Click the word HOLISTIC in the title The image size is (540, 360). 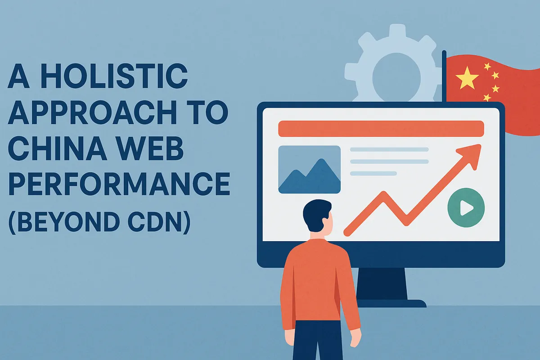pyautogui.click(x=114, y=76)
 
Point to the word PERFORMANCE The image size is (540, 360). pyautogui.click(x=119, y=184)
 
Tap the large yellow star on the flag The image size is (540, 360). pyautogui.click(x=467, y=78)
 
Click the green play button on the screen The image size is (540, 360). pyautogui.click(x=466, y=207)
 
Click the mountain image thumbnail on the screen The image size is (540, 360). pyautogui.click(x=309, y=169)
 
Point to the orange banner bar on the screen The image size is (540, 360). pyautogui.click(x=381, y=129)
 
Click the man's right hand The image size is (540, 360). pyautogui.click(x=355, y=337)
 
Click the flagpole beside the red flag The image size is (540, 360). pyautogui.click(x=444, y=76)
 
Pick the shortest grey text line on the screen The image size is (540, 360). pyautogui.click(x=373, y=173)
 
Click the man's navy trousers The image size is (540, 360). pyautogui.click(x=318, y=341)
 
